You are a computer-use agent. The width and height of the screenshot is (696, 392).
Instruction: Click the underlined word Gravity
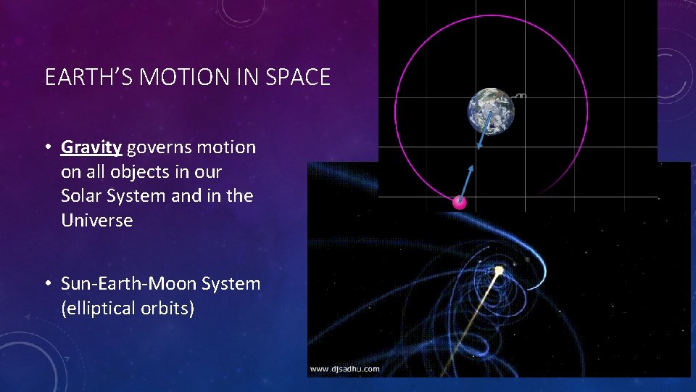pos(91,147)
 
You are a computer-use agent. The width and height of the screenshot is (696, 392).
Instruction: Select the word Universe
pos(97,221)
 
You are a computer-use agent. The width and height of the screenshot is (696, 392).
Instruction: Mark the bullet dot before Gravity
pos(46,147)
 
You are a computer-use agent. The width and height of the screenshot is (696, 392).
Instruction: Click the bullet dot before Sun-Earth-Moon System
pos(46,284)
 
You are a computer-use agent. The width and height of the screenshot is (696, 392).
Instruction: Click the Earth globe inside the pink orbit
pos(491,111)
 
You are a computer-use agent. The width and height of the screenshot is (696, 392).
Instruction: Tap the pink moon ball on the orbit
pos(459,203)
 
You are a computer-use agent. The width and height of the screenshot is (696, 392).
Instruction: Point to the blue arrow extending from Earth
pos(484,131)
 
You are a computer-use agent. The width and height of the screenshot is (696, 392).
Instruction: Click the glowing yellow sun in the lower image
pos(499,271)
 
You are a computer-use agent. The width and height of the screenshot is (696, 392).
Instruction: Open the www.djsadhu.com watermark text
pos(344,369)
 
